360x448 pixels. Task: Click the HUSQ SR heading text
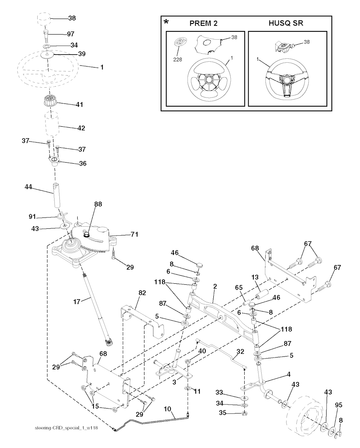point(286,24)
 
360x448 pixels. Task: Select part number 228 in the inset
point(178,59)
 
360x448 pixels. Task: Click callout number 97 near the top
point(71,34)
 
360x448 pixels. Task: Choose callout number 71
point(124,234)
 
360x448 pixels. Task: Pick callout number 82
point(142,293)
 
